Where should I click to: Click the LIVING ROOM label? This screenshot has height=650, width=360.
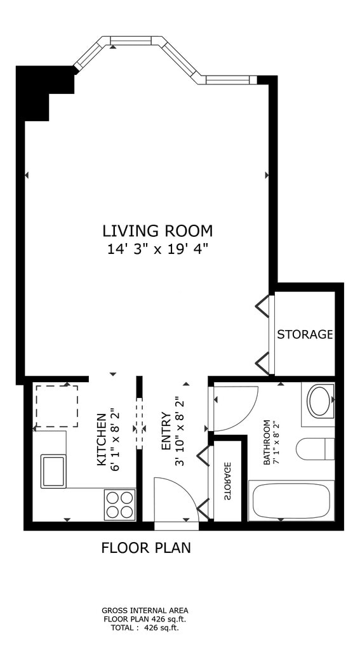coord(157,230)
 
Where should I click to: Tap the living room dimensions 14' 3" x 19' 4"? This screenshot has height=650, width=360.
coord(157,249)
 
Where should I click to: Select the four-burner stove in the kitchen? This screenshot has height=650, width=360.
coord(120,505)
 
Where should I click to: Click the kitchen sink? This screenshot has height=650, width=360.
coord(53,472)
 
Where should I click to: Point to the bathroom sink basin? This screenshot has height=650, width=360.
coord(319,401)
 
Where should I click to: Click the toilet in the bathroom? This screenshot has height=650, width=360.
coord(315,449)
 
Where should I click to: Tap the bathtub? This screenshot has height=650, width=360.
coord(291,500)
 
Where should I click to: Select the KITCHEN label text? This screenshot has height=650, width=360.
coord(102,439)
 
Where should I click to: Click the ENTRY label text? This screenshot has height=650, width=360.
coord(166,431)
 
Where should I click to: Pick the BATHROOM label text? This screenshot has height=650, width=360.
coord(267,442)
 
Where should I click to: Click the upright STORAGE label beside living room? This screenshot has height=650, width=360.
coord(305,334)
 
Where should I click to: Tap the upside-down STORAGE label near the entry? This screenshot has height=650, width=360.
coord(228,481)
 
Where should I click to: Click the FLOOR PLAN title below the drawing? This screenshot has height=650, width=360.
coord(146,548)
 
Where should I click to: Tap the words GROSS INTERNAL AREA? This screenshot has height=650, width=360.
coord(145,610)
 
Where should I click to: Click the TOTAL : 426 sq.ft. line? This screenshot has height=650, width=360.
coord(145,628)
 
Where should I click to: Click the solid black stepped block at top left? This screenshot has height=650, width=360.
coord(41,89)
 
